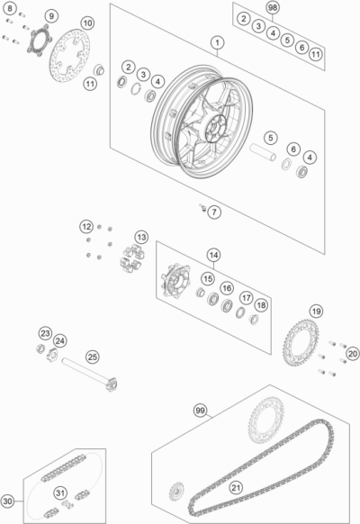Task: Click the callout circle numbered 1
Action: tap(217, 42)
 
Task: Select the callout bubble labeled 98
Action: tap(274, 8)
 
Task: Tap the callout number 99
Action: tap(200, 410)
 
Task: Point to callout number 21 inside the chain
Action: tap(236, 488)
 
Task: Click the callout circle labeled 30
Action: tap(7, 501)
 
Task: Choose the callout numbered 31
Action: tap(59, 492)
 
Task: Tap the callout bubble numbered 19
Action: tap(316, 311)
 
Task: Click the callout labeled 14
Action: tap(213, 254)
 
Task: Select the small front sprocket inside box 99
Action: tap(175, 493)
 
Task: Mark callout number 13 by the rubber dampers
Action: tap(141, 237)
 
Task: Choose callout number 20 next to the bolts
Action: tap(353, 353)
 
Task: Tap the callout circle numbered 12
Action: tap(85, 226)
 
